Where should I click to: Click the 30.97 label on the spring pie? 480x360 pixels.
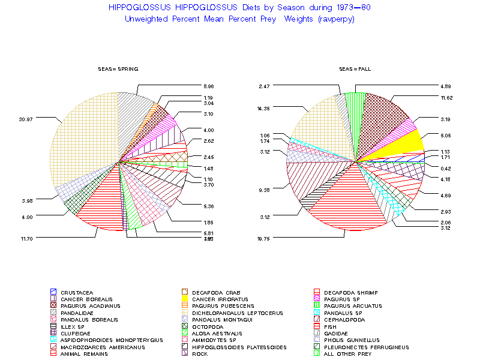pyautogui.click(x=25, y=119)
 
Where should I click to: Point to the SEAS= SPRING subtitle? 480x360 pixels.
pyautogui.click(x=114, y=69)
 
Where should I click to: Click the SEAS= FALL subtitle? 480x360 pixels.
pyautogui.click(x=355, y=69)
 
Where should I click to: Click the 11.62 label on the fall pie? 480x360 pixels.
pyautogui.click(x=446, y=97)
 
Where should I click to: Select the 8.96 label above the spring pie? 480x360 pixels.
pyautogui.click(x=208, y=86)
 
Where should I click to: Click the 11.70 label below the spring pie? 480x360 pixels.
pyautogui.click(x=25, y=238)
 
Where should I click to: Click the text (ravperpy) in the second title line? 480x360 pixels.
pyautogui.click(x=334, y=19)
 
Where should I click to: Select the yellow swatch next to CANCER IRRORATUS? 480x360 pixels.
pyautogui.click(x=185, y=299)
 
